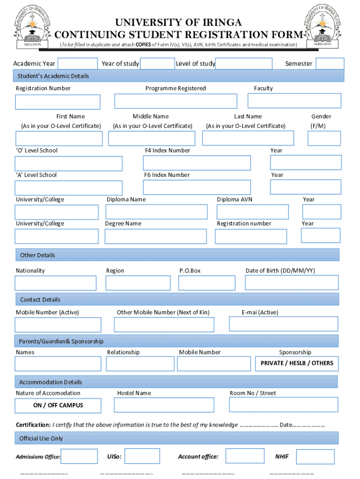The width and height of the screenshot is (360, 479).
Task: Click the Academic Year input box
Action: pos(77,64)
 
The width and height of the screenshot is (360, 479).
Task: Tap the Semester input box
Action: pos(330,64)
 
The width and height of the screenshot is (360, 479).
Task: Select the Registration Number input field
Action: pos(58,102)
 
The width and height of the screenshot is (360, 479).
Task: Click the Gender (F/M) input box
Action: pos(324,138)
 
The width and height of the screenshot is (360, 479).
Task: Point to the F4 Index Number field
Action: pos(196,163)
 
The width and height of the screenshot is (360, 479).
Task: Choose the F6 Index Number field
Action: pos(196,187)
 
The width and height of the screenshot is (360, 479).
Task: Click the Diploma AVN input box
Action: pos(252,212)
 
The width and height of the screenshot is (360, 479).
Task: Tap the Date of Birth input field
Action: pos(291,283)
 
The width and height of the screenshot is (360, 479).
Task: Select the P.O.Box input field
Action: pos(207,283)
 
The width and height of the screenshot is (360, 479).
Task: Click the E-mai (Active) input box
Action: pos(283,324)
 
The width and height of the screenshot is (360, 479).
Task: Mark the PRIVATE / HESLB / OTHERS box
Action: pos(297,363)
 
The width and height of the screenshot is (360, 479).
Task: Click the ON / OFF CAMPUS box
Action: pos(58,406)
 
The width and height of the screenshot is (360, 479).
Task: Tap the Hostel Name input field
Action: pos(164,405)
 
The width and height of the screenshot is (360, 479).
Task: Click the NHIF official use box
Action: pos(315,457)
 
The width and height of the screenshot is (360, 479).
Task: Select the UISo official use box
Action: pos(142,456)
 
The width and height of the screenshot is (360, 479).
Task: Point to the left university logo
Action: pos(32,26)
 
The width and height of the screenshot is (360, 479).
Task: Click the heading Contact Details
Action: pos(40,299)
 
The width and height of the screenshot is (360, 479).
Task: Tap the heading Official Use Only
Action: pos(41,438)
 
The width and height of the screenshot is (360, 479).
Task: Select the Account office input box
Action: pos(245,456)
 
